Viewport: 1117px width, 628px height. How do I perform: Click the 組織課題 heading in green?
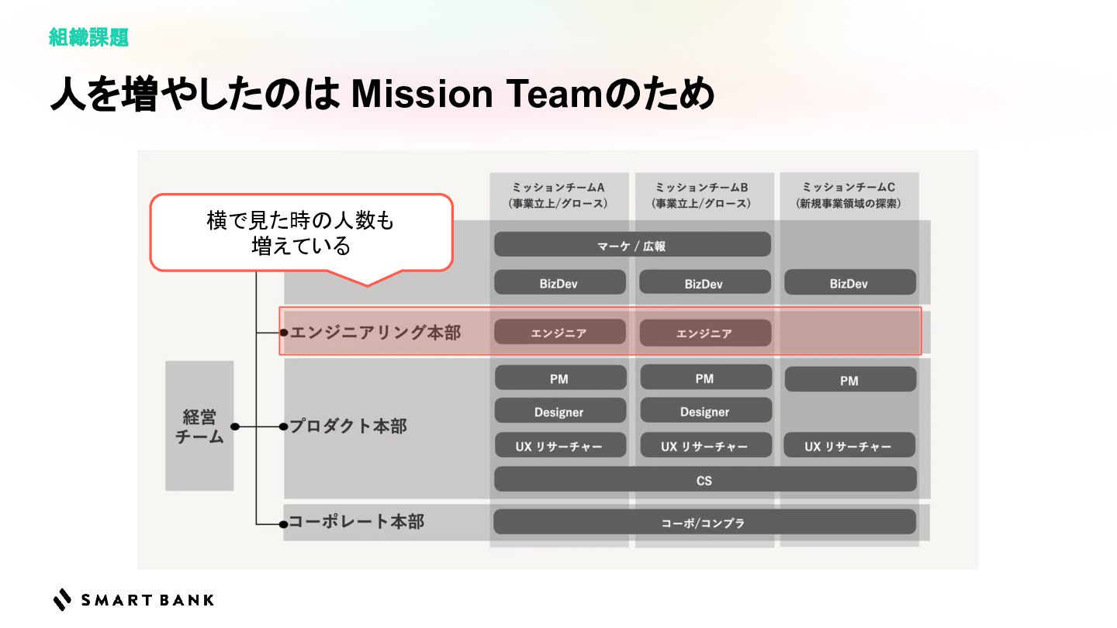click(88, 37)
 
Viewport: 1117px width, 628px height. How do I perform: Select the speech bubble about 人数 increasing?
click(301, 233)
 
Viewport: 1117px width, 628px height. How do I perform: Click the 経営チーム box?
click(199, 426)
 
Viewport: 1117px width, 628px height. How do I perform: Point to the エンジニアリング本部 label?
click(375, 333)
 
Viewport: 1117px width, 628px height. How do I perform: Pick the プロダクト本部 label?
click(348, 426)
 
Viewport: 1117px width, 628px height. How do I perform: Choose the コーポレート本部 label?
click(357, 521)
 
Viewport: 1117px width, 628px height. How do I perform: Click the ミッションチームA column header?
click(558, 195)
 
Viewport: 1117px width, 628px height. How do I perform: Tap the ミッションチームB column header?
click(704, 195)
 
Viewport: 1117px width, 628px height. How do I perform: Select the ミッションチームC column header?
click(849, 195)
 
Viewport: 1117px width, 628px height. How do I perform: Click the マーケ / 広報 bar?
click(632, 245)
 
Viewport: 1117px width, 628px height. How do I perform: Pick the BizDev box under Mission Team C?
click(849, 283)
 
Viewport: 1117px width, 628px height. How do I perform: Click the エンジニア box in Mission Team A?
click(559, 333)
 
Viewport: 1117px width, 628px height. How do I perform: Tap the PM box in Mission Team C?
click(849, 380)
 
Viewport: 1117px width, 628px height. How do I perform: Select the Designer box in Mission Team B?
click(705, 412)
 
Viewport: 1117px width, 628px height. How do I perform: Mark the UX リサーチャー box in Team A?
click(559, 446)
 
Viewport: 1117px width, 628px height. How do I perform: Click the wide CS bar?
click(704, 480)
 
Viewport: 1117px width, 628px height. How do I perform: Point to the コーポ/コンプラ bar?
click(704, 523)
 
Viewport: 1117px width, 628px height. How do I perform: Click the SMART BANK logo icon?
click(62, 599)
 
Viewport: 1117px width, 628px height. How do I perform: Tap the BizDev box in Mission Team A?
click(559, 283)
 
